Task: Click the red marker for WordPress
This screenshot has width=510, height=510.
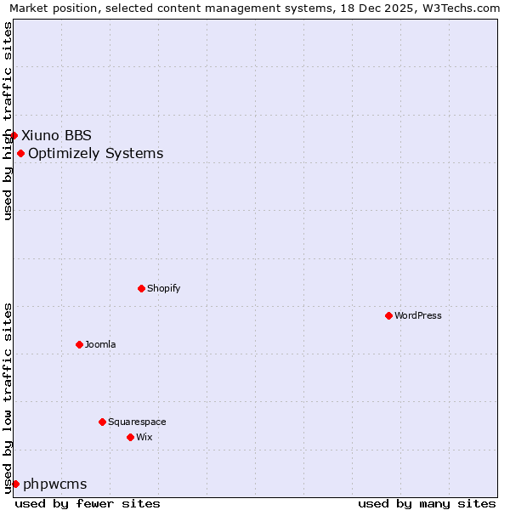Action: [388, 315]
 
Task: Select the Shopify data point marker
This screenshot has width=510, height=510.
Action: [141, 288]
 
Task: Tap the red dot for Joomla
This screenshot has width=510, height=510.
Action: [79, 344]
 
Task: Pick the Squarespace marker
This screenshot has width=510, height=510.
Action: [102, 422]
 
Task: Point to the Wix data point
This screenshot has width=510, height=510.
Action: [130, 437]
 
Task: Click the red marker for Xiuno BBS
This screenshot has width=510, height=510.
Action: [14, 135]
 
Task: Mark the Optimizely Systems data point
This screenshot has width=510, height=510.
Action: [20, 153]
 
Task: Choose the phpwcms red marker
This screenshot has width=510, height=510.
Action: [15, 484]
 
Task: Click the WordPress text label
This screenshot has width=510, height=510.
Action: [418, 315]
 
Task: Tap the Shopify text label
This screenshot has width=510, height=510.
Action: [163, 288]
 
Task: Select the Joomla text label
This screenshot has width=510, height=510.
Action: [100, 344]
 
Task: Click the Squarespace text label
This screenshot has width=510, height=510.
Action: [137, 422]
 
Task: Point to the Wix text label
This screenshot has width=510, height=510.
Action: [144, 437]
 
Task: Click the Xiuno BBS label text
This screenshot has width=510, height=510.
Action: [56, 135]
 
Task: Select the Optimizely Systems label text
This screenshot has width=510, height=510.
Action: [96, 153]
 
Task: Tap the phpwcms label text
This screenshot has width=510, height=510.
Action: [55, 484]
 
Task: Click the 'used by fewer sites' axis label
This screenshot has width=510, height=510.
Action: [88, 503]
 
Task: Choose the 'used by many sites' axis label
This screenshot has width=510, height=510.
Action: [427, 503]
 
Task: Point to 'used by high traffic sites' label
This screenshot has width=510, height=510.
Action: [8, 121]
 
